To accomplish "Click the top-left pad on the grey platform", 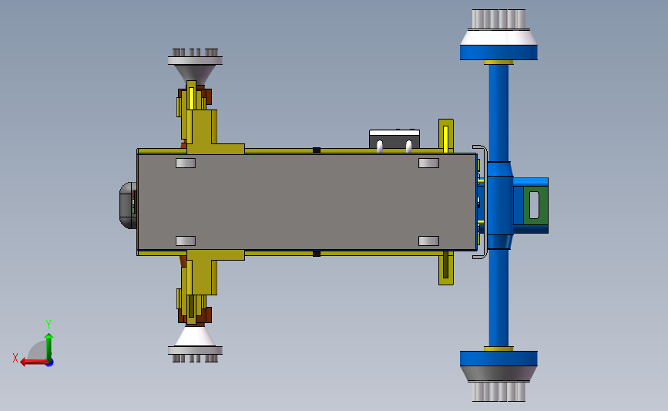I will point(186,163).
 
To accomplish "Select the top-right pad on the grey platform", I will point(428,163).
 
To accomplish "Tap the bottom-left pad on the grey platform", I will point(186,241).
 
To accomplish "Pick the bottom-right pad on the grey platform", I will point(428,241).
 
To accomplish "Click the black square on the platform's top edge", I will point(316,150).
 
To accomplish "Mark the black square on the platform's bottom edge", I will point(316,253).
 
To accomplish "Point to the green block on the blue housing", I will point(532,204).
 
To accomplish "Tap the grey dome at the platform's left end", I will point(126,205).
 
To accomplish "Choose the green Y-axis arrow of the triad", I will point(49,345).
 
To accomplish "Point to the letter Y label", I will point(48,325).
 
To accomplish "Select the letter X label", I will point(15,358).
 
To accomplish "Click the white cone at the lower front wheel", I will point(195,336).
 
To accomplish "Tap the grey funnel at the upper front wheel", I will point(195,73).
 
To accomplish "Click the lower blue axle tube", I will point(498,297).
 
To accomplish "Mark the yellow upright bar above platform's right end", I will point(445,137).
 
